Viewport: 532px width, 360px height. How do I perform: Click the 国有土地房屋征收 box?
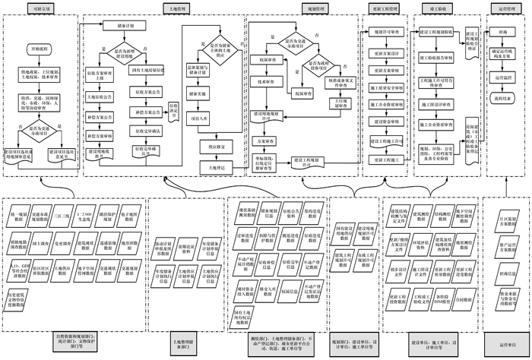pos(151,71)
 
